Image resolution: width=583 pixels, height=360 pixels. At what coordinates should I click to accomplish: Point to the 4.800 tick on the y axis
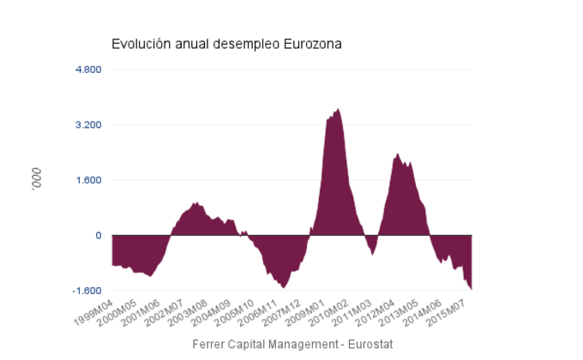pos(88,69)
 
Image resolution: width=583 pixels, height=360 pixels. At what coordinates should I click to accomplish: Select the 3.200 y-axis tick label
pos(88,125)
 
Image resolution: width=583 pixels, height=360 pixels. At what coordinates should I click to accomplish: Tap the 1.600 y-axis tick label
pos(88,180)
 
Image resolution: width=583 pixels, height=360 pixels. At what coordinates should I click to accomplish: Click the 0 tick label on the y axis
pos(98,236)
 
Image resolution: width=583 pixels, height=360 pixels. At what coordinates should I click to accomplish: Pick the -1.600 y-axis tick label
pos(87,291)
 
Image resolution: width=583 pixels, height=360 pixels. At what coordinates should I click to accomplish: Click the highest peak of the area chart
pos(338,110)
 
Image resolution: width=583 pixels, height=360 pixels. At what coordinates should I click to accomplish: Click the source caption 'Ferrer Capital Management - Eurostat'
pos(291,344)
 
